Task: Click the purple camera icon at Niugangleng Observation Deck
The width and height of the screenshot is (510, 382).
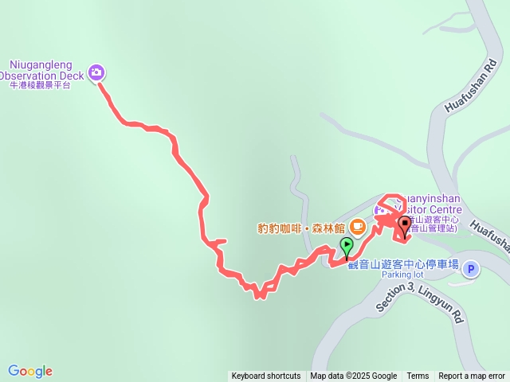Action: click(x=97, y=72)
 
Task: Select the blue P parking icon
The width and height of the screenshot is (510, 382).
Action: click(x=470, y=269)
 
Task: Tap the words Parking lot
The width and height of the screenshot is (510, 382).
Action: click(x=403, y=275)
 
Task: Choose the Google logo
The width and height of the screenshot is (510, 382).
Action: click(x=30, y=371)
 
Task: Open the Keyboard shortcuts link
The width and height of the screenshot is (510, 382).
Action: click(x=266, y=376)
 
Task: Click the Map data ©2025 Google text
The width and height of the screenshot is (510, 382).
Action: click(x=354, y=376)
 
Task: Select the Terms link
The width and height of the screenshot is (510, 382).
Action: click(x=418, y=376)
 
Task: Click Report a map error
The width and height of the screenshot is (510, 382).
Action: click(x=472, y=376)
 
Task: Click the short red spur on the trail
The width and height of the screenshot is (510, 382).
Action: click(x=219, y=240)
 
